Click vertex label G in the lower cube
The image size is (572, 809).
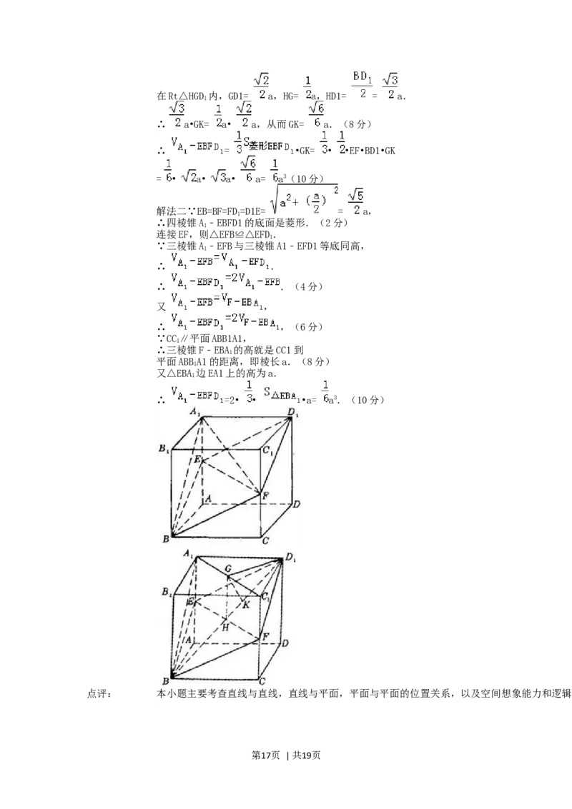(228, 568)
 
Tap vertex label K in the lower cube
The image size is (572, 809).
(246, 604)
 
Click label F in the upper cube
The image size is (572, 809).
(265, 495)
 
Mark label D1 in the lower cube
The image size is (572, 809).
(291, 556)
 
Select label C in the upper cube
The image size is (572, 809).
(265, 541)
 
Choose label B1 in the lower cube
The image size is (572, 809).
(166, 592)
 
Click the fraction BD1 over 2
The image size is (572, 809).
(363, 84)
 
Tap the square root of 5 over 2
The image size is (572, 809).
(354, 201)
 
